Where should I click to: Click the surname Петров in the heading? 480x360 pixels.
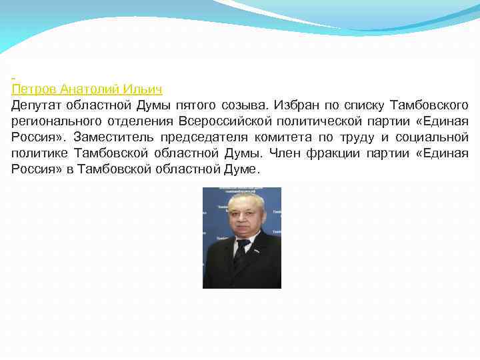click(x=33, y=89)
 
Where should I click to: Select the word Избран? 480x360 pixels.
click(x=297, y=105)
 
